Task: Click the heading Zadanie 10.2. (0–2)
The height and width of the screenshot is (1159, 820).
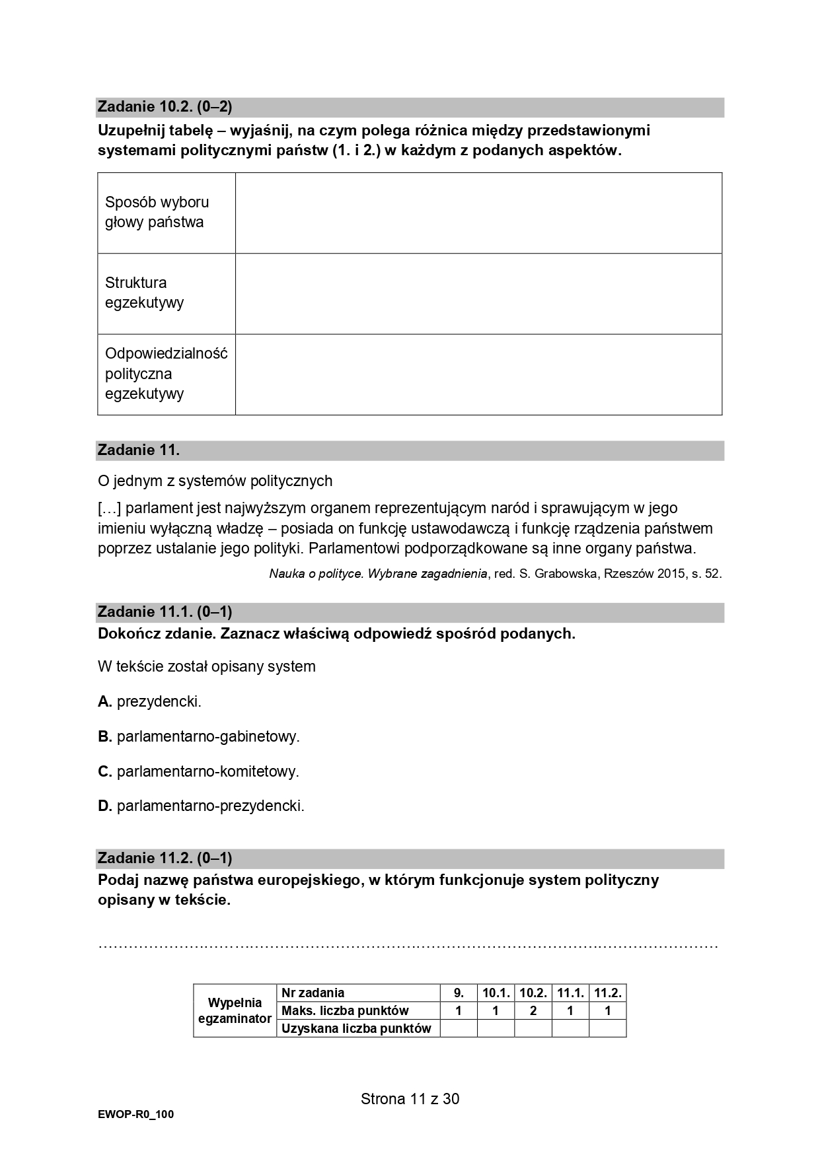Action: (165, 106)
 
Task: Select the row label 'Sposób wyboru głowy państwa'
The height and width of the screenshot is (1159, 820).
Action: (157, 212)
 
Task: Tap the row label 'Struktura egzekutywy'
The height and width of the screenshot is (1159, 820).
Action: (144, 293)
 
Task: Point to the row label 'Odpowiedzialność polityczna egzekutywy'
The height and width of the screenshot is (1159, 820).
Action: (166, 374)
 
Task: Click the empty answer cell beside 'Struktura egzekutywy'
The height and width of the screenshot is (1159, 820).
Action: (478, 293)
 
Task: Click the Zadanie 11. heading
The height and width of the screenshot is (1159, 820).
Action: (139, 450)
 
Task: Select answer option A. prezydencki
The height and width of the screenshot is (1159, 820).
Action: (150, 701)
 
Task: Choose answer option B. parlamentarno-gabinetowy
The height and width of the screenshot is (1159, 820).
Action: (199, 736)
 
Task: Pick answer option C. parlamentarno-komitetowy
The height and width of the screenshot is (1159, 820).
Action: (198, 771)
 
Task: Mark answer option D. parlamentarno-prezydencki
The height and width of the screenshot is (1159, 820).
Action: (201, 806)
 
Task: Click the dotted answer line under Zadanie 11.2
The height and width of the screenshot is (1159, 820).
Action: (408, 945)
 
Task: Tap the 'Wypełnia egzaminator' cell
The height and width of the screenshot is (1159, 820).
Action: (235, 1010)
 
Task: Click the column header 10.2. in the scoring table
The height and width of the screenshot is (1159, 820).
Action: (533, 993)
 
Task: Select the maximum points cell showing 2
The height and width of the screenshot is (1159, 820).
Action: (533, 1010)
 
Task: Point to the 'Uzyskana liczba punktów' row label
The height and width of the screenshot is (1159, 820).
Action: (356, 1028)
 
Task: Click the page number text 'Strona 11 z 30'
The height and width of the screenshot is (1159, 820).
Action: (410, 1099)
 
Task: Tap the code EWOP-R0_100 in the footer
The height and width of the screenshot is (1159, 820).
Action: (135, 1115)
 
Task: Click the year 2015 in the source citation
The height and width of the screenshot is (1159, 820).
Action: (670, 574)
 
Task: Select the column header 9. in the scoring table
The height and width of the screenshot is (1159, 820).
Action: (459, 993)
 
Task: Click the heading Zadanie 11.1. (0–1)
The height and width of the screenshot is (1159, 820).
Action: (165, 612)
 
